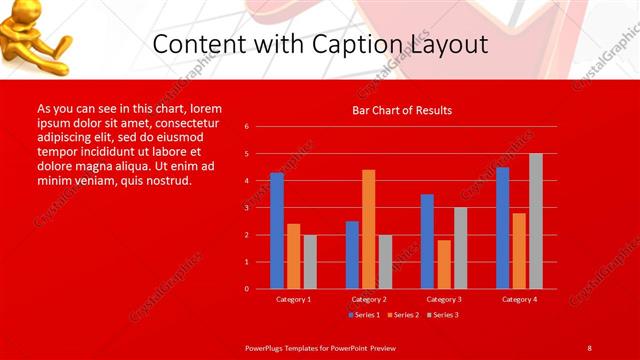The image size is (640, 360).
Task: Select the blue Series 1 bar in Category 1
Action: (277, 230)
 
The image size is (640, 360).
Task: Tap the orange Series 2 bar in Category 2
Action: (369, 229)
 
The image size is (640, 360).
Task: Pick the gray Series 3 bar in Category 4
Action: (536, 221)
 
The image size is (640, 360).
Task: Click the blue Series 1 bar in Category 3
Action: (427, 241)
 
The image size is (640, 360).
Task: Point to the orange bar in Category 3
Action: (444, 264)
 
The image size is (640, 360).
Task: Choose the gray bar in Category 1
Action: (310, 262)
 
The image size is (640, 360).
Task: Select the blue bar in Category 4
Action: (502, 228)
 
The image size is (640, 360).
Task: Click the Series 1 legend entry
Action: (363, 315)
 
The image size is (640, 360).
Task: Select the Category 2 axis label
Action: (369, 299)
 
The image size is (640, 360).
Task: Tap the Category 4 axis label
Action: (519, 299)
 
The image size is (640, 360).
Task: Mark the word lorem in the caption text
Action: (205, 108)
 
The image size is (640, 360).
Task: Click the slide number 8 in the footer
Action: (589, 347)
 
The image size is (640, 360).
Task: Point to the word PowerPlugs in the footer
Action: (268, 347)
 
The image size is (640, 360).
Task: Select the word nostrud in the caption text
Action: (166, 180)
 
